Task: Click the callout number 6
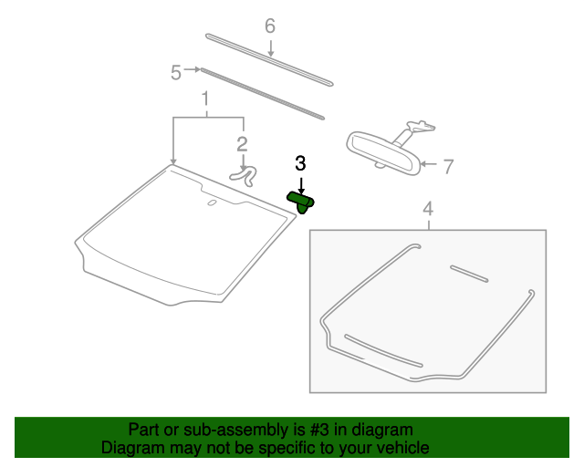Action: (270, 26)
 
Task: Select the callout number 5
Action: (176, 72)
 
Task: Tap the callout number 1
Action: (204, 99)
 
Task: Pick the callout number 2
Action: (242, 144)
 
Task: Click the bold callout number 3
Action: (300, 163)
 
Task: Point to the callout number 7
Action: (448, 167)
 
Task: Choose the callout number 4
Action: (428, 209)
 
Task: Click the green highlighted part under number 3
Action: (300, 202)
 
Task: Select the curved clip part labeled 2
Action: (245, 176)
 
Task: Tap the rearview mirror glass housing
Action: (384, 153)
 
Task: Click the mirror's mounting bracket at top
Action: (422, 126)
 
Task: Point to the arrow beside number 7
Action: (429, 164)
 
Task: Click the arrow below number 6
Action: (271, 48)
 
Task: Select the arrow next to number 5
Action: (193, 69)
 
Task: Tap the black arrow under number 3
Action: (301, 186)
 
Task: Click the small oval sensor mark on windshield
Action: (212, 202)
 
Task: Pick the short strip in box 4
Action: (469, 274)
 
